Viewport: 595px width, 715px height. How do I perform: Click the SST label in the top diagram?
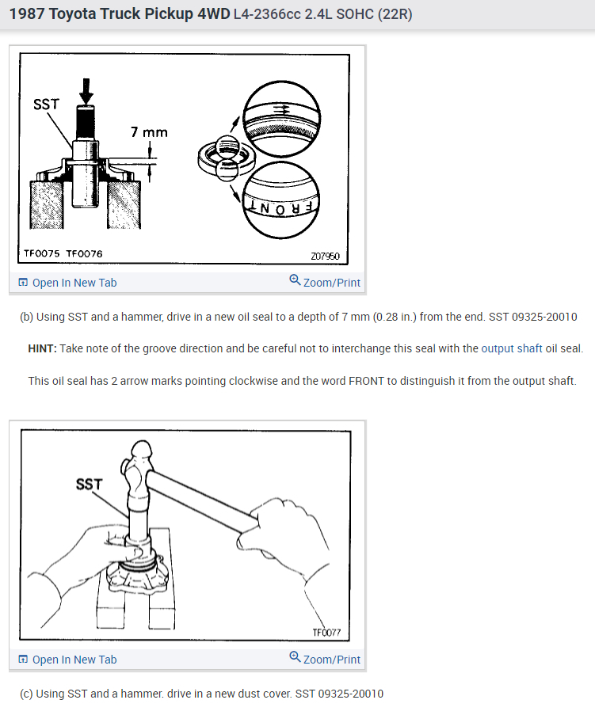(46, 105)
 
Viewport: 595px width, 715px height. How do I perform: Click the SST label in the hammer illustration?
(89, 484)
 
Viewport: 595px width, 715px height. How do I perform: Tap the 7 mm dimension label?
(149, 132)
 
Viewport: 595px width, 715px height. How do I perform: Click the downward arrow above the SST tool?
(86, 91)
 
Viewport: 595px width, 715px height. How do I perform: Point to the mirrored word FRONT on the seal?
(280, 208)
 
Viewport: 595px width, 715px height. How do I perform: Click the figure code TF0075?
(41, 253)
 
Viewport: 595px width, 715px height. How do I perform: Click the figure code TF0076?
(85, 253)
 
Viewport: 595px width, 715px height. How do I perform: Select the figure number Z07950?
(326, 257)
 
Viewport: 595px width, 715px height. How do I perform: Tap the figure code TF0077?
(326, 633)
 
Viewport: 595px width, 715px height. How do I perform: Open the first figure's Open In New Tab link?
(67, 283)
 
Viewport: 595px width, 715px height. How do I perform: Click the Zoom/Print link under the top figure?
(325, 282)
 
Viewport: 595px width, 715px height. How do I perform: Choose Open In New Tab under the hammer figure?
(67, 660)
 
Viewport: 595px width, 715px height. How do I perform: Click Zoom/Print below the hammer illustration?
(325, 659)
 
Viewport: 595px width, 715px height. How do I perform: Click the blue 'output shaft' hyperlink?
(512, 349)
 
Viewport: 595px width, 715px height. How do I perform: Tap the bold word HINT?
(43, 349)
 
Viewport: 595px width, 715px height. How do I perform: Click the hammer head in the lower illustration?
(139, 474)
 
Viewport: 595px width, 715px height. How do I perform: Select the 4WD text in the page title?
(214, 14)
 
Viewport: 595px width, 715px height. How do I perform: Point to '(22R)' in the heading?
(395, 14)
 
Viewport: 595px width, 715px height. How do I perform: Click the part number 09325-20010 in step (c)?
(350, 694)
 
